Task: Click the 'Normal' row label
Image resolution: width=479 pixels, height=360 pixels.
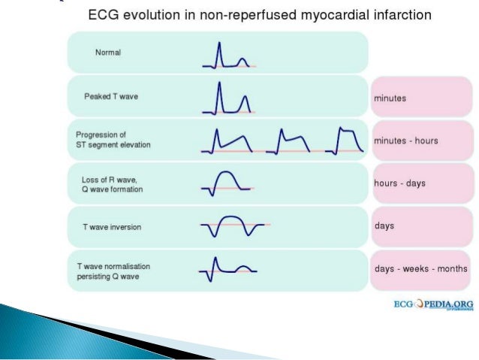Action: tap(107, 53)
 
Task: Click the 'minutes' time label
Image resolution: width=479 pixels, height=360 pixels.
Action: tap(391, 98)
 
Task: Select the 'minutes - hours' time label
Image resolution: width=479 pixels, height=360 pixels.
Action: tap(405, 141)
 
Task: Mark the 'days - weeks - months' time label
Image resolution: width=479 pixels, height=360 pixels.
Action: tap(420, 268)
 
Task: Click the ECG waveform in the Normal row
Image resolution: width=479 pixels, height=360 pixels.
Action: tap(228, 56)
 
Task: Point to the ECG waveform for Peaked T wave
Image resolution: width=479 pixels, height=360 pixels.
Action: tap(228, 98)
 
